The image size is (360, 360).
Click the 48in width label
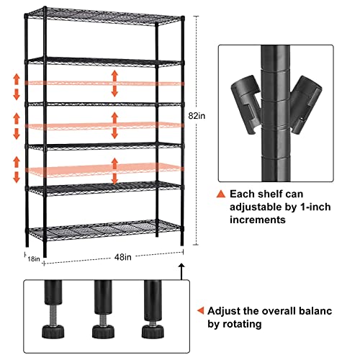coord(107,256)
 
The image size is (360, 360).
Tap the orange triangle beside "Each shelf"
coord(221,194)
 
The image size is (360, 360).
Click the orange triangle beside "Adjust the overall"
coord(199,312)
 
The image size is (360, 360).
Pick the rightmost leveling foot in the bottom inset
coord(151,330)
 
